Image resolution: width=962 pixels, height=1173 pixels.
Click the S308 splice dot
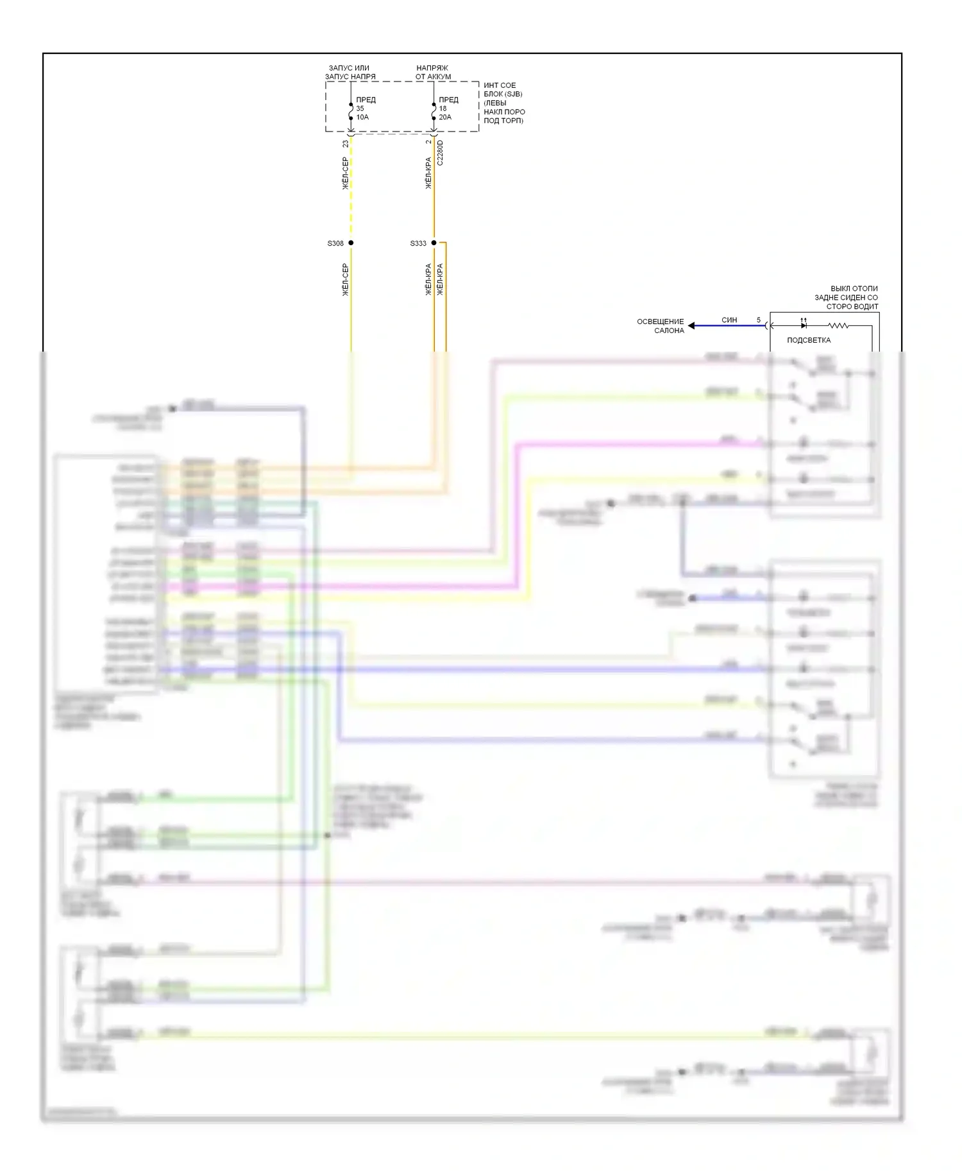point(351,243)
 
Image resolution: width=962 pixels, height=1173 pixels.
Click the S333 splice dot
point(434,243)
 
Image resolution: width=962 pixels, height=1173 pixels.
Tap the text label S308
point(335,244)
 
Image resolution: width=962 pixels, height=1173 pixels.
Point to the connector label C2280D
point(440,153)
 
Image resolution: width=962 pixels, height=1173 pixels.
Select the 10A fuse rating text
point(362,117)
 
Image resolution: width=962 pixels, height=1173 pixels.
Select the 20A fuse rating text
point(445,117)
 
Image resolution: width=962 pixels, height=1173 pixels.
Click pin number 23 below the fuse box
point(346,144)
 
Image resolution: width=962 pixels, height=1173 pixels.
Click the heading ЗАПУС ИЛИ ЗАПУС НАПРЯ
point(350,72)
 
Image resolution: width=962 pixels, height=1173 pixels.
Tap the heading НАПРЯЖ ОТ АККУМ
point(433,72)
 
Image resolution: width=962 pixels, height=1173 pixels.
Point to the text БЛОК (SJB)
point(503,94)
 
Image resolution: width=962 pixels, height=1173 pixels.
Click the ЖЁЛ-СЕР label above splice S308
point(345,173)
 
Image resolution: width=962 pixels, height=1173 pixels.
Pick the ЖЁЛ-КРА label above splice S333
point(428,173)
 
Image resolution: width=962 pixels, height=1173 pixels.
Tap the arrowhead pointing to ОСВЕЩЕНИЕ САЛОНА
point(691,326)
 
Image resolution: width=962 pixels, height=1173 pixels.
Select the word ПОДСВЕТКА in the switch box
point(808,340)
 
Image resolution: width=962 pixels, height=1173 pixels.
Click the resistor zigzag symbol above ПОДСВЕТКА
point(838,326)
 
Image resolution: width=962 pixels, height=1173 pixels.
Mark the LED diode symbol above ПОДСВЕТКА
point(804,325)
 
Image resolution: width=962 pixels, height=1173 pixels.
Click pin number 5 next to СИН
point(759,320)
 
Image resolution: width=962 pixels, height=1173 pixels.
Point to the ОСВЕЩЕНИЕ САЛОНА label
point(660,326)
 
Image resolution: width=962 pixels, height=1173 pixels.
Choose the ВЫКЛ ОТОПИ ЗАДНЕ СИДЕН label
point(846,298)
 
